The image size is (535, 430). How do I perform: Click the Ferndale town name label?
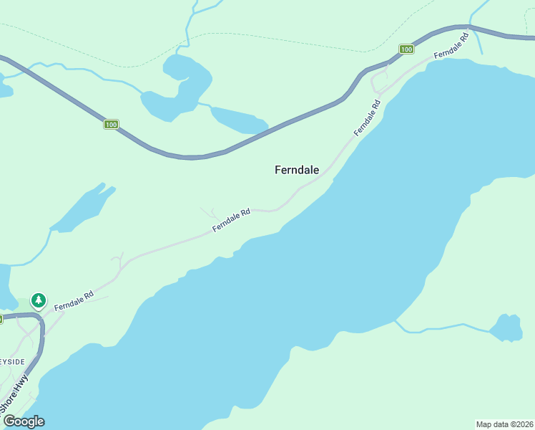point(297,170)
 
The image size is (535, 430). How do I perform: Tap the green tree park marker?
point(38,300)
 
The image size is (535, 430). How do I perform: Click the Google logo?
point(24,421)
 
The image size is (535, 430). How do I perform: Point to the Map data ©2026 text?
point(504,424)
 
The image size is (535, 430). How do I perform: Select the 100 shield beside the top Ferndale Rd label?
point(406,49)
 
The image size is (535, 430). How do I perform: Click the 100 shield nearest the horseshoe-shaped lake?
point(110,125)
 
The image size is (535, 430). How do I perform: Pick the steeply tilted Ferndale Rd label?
point(367,118)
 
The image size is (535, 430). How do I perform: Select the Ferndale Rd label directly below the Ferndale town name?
point(231,221)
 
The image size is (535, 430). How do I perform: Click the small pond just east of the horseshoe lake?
point(238,120)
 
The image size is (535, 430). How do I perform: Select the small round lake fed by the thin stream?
point(507,328)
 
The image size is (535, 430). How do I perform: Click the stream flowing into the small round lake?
point(443,328)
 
